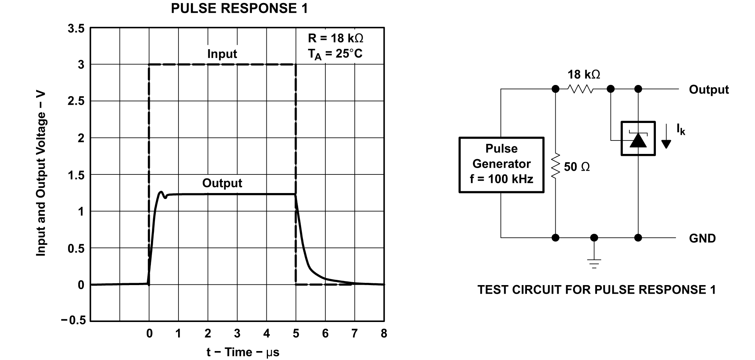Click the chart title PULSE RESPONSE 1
pos(239,9)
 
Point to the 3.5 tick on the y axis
pos(76,29)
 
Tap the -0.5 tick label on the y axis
pos(73,320)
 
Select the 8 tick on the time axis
pos(384,333)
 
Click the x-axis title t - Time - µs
pos(243,352)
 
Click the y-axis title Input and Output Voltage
pos(41,174)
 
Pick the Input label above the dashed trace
pos(222,54)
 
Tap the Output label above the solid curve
pos(222,183)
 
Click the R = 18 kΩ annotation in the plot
pos(335,38)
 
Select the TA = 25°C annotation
pos(335,54)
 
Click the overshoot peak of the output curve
pos(161,192)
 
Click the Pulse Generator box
pos(501,164)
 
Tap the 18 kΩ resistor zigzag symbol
pos(581,89)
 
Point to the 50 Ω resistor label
pos(576,167)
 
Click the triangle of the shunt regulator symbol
pos(638,140)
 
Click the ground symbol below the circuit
pos(594,263)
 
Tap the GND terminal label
pos(702,238)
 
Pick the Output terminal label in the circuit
pos(708,90)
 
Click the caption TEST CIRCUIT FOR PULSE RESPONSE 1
pos(596,290)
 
